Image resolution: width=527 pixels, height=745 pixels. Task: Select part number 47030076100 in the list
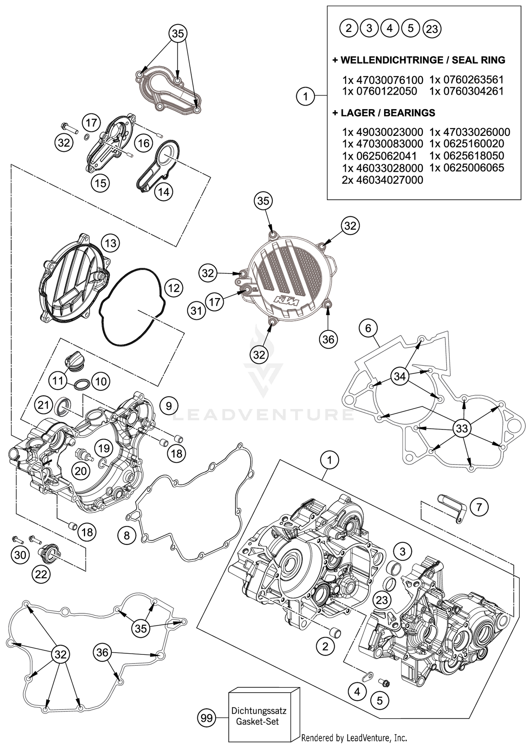click(x=383, y=80)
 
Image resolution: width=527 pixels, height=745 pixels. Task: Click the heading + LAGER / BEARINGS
click(x=384, y=113)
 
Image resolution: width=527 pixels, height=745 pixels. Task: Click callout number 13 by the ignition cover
click(x=110, y=243)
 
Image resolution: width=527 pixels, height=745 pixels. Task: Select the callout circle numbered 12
click(x=174, y=288)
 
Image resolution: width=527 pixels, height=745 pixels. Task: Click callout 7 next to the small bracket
click(x=479, y=507)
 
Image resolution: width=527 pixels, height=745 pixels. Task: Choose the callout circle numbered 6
click(x=368, y=328)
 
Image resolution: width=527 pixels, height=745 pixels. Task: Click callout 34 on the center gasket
click(x=400, y=377)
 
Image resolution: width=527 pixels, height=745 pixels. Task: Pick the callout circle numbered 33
click(x=462, y=428)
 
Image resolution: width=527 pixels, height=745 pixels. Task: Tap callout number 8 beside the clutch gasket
click(x=126, y=535)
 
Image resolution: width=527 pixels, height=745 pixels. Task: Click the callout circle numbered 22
click(x=41, y=574)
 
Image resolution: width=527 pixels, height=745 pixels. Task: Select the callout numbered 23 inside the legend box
click(x=432, y=29)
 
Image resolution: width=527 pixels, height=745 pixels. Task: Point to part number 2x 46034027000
click(x=382, y=180)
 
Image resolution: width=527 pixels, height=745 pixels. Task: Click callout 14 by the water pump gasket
click(x=164, y=192)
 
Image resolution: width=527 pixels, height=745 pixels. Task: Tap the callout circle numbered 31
click(x=196, y=310)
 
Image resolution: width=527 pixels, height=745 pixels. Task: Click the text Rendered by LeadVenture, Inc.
click(x=354, y=738)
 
